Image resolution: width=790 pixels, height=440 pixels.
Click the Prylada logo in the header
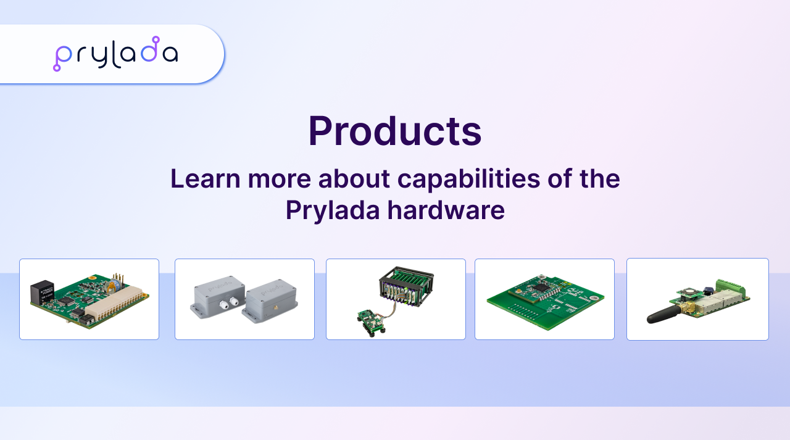[115, 54]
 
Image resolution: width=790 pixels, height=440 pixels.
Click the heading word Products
[394, 131]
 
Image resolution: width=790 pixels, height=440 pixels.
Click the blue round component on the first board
[114, 284]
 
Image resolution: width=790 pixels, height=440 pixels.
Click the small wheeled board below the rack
[371, 322]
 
